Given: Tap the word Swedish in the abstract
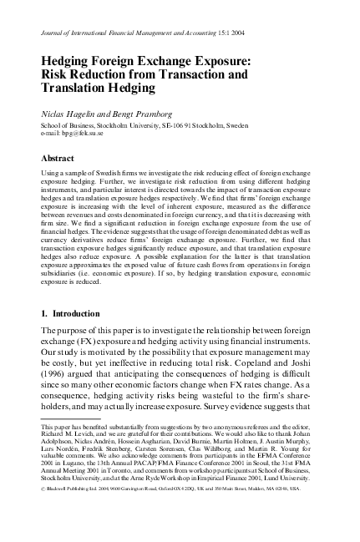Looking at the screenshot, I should point(115,171).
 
